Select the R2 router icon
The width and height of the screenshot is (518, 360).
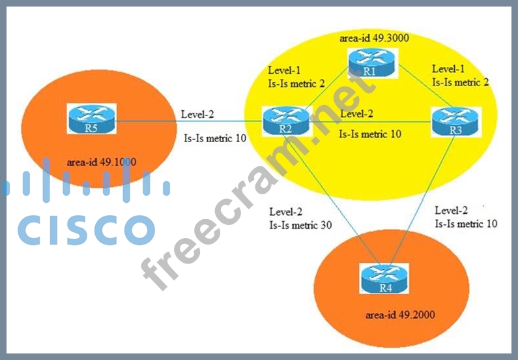click(285, 121)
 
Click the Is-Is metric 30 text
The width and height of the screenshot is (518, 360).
click(300, 225)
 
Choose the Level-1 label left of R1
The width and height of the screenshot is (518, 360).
click(284, 70)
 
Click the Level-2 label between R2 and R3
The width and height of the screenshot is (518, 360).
click(357, 114)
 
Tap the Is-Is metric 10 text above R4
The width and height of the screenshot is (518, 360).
click(466, 223)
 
